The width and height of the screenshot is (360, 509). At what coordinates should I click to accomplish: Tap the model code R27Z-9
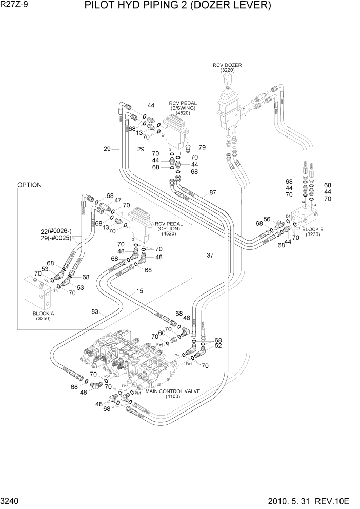point(15,6)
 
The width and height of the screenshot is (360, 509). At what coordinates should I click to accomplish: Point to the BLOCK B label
point(313,229)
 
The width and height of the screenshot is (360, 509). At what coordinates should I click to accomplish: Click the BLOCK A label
point(43,313)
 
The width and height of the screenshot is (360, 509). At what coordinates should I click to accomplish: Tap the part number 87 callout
point(213,193)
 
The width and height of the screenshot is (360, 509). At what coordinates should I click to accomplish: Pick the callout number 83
point(96,311)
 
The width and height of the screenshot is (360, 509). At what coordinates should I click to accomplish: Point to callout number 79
point(202,147)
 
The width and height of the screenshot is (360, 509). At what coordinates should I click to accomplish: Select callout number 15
point(139,291)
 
